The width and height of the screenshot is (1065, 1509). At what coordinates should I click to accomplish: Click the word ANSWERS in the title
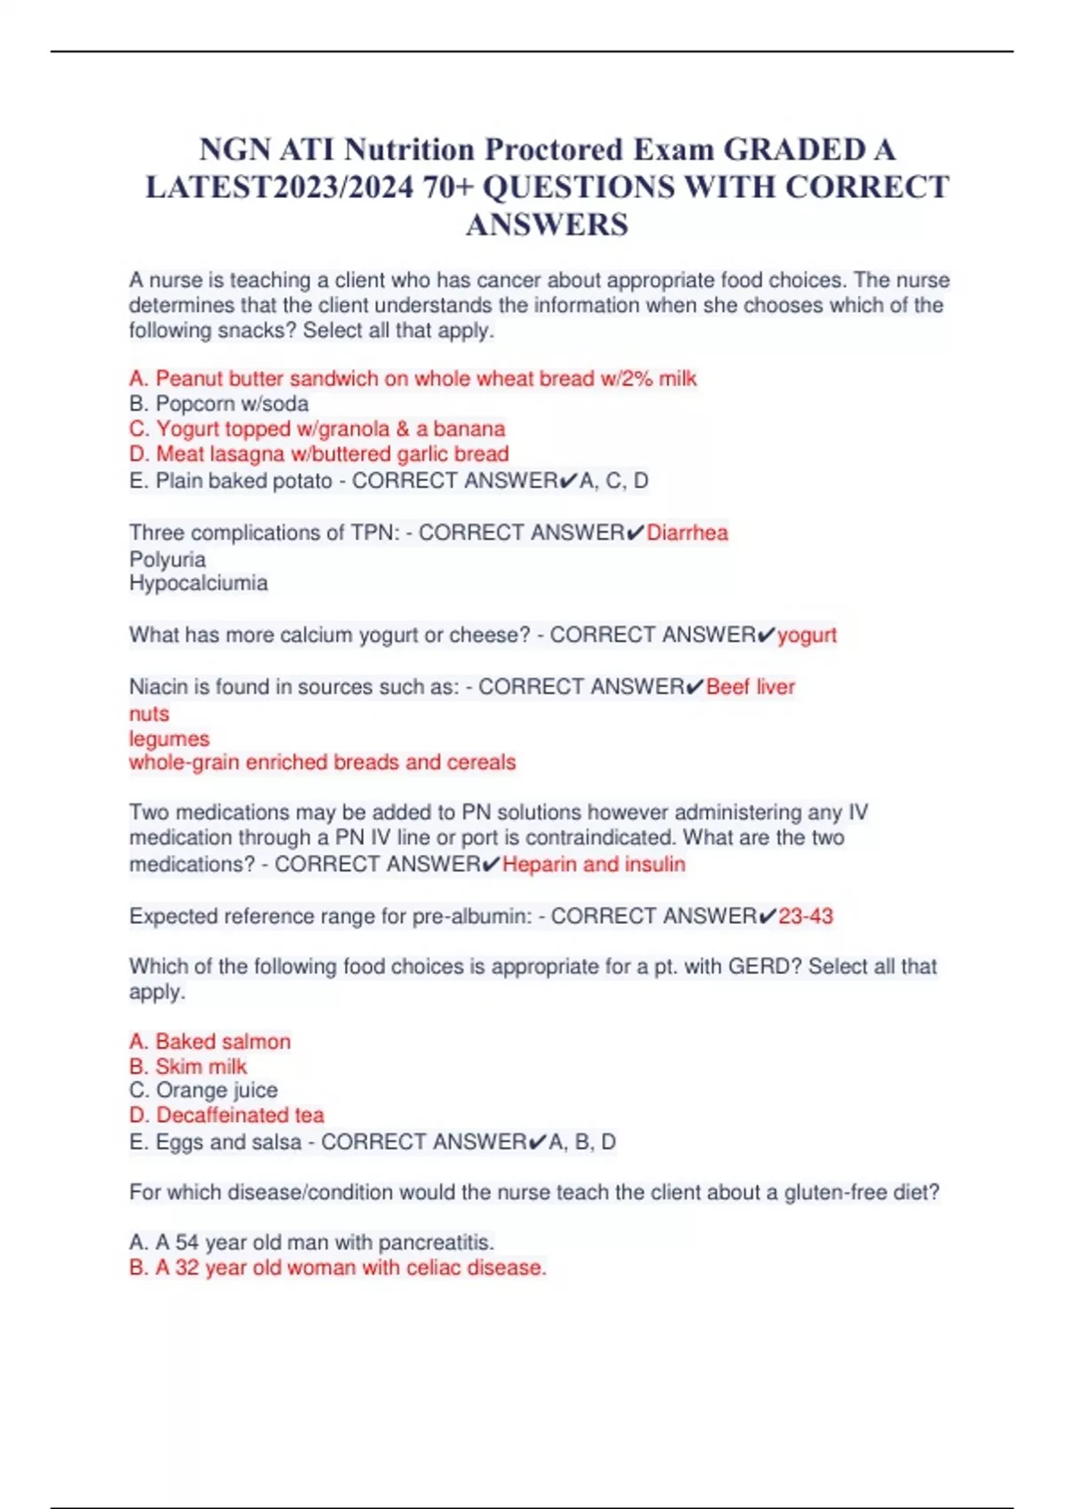click(547, 225)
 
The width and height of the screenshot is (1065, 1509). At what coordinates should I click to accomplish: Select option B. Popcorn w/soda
click(219, 404)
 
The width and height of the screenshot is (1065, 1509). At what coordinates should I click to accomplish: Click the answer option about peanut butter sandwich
click(413, 379)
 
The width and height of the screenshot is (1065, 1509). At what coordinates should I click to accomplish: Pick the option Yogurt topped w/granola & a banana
click(317, 429)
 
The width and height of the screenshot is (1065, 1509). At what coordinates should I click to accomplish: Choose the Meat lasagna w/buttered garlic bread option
click(319, 454)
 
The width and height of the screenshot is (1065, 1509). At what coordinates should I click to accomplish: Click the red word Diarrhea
click(687, 533)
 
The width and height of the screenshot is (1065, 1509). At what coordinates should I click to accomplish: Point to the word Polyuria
click(168, 559)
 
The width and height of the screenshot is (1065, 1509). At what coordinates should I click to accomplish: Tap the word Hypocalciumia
click(198, 583)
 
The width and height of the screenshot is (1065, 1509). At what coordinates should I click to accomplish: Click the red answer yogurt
click(807, 636)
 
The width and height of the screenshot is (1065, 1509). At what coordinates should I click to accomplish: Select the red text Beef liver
click(750, 687)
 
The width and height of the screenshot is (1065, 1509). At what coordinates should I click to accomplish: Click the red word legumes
click(170, 739)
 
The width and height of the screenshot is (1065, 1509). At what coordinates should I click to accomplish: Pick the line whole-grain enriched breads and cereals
click(322, 762)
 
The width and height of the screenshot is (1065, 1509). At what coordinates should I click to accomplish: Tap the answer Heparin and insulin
click(594, 865)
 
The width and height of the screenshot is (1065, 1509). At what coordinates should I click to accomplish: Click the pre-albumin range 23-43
click(806, 916)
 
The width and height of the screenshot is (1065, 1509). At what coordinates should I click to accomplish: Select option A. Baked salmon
click(210, 1041)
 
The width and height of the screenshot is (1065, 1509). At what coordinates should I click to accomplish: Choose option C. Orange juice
click(203, 1090)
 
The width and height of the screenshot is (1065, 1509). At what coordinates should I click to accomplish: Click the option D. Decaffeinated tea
click(226, 1115)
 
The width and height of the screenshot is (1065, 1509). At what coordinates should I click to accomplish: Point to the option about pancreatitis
click(312, 1242)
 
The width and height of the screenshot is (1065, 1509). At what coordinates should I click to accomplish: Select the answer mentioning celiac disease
click(337, 1268)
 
